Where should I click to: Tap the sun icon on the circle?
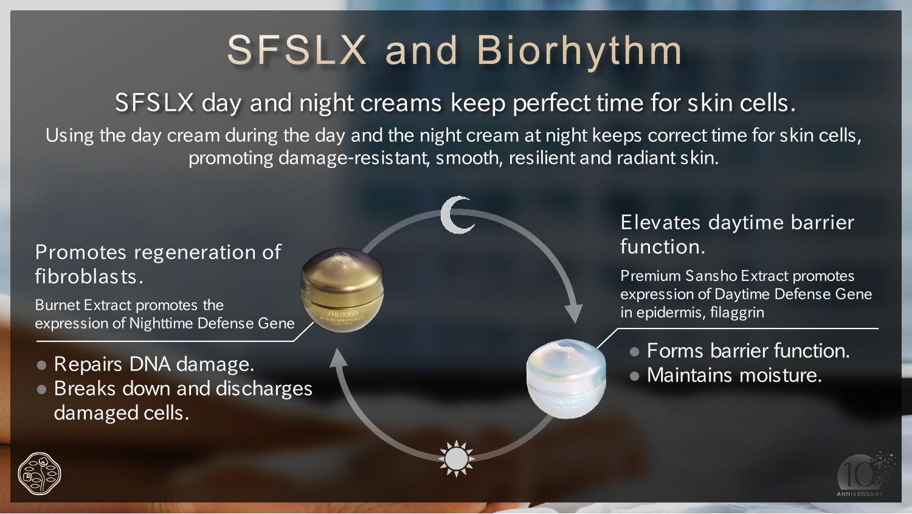click(x=456, y=458)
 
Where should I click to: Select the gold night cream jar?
click(x=342, y=290)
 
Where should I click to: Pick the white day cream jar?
click(x=566, y=378)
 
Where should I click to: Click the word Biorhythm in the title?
click(x=579, y=50)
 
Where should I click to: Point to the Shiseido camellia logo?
click(x=40, y=474)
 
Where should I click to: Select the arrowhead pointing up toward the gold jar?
click(x=338, y=358)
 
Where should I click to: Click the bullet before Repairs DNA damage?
click(x=41, y=365)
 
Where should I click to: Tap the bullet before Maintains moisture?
click(x=634, y=376)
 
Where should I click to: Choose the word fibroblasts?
click(x=89, y=277)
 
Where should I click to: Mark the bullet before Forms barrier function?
click(x=634, y=352)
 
